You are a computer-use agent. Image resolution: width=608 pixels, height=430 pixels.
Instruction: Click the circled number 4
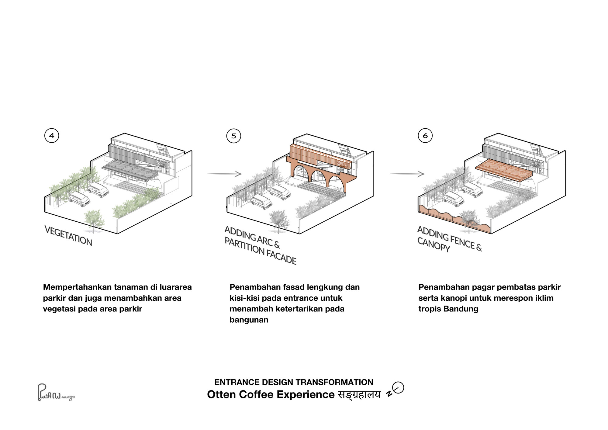click(x=52, y=136)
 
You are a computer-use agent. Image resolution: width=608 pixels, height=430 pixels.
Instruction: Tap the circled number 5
click(x=233, y=136)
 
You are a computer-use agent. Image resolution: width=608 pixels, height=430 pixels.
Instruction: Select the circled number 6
click(x=425, y=136)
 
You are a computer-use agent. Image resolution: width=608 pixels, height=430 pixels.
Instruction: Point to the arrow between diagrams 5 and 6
click(x=407, y=174)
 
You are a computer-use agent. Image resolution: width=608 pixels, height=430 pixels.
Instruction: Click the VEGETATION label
click(x=68, y=236)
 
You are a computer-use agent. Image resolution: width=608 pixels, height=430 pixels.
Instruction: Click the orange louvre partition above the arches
click(x=319, y=157)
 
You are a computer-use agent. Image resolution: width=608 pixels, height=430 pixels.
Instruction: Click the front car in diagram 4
click(x=79, y=199)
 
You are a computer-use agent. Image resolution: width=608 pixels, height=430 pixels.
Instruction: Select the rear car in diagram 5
click(x=280, y=192)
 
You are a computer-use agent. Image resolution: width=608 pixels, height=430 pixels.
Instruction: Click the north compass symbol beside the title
click(x=396, y=389)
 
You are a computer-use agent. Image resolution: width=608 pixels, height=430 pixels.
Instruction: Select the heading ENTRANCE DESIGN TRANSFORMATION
click(x=294, y=382)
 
